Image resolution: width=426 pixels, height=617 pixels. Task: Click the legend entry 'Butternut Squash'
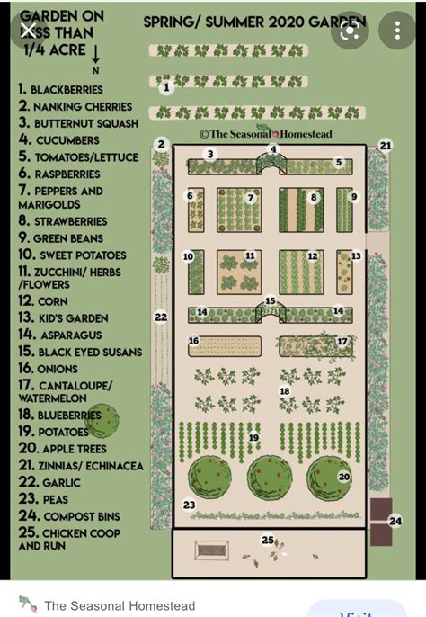tap(78, 122)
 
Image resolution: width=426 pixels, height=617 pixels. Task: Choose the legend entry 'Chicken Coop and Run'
tap(69, 539)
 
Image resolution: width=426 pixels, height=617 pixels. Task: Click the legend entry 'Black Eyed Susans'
tap(79, 352)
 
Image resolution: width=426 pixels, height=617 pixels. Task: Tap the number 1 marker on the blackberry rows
tap(165, 87)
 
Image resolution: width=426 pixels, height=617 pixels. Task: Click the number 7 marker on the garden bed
tap(251, 197)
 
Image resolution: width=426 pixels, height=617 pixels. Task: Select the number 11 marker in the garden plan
tap(250, 256)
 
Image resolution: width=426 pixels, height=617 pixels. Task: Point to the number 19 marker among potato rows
tap(253, 438)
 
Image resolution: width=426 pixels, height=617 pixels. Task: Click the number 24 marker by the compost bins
tap(395, 521)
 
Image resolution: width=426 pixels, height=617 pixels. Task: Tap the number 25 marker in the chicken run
tap(267, 540)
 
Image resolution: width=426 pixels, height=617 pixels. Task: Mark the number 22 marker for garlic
tap(161, 317)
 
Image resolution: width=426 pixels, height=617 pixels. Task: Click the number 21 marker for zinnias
tap(386, 145)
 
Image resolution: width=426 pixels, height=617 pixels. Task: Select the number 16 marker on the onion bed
tap(193, 341)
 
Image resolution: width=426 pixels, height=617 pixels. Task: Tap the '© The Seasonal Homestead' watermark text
tap(265, 134)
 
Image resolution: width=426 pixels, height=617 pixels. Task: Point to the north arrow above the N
tap(95, 54)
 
